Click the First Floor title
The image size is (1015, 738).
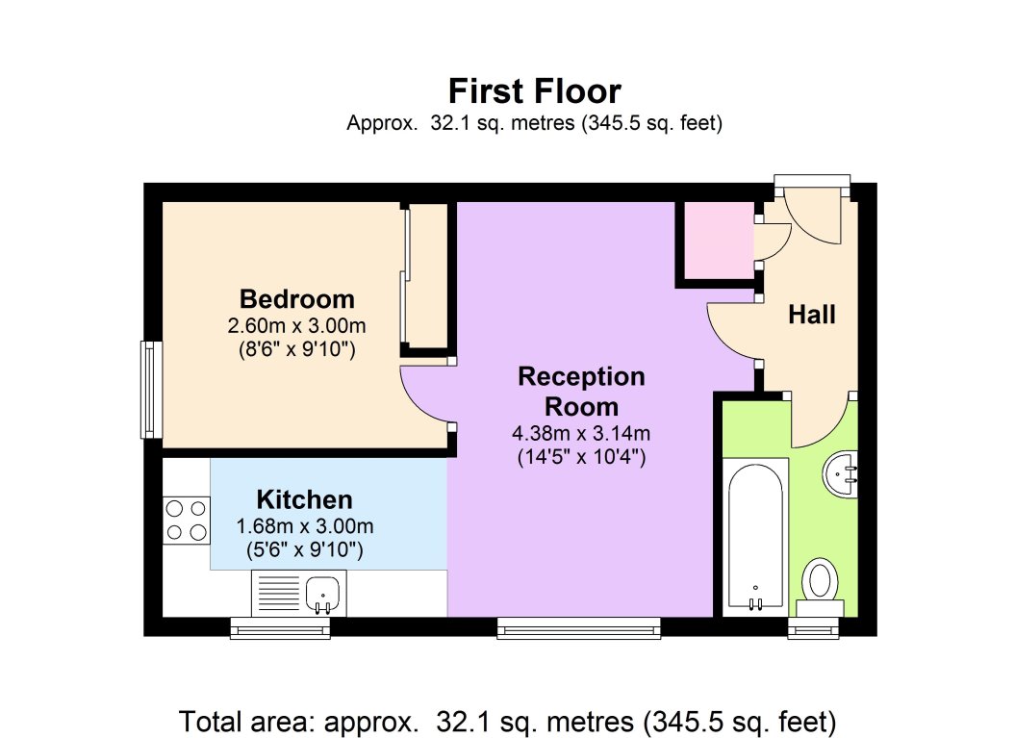535,90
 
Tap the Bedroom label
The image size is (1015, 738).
297,299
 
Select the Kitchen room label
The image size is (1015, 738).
304,499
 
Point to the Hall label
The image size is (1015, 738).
812,315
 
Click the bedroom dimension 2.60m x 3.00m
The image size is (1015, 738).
296,325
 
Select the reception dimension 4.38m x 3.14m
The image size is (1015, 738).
581,432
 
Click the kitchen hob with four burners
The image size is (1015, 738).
187,521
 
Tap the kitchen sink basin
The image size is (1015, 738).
322,593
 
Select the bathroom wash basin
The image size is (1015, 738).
840,475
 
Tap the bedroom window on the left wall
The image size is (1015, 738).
151,390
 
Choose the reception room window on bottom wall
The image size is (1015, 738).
579,628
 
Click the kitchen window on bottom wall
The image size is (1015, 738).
280,628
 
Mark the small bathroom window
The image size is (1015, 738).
814,628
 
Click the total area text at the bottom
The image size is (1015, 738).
508,722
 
